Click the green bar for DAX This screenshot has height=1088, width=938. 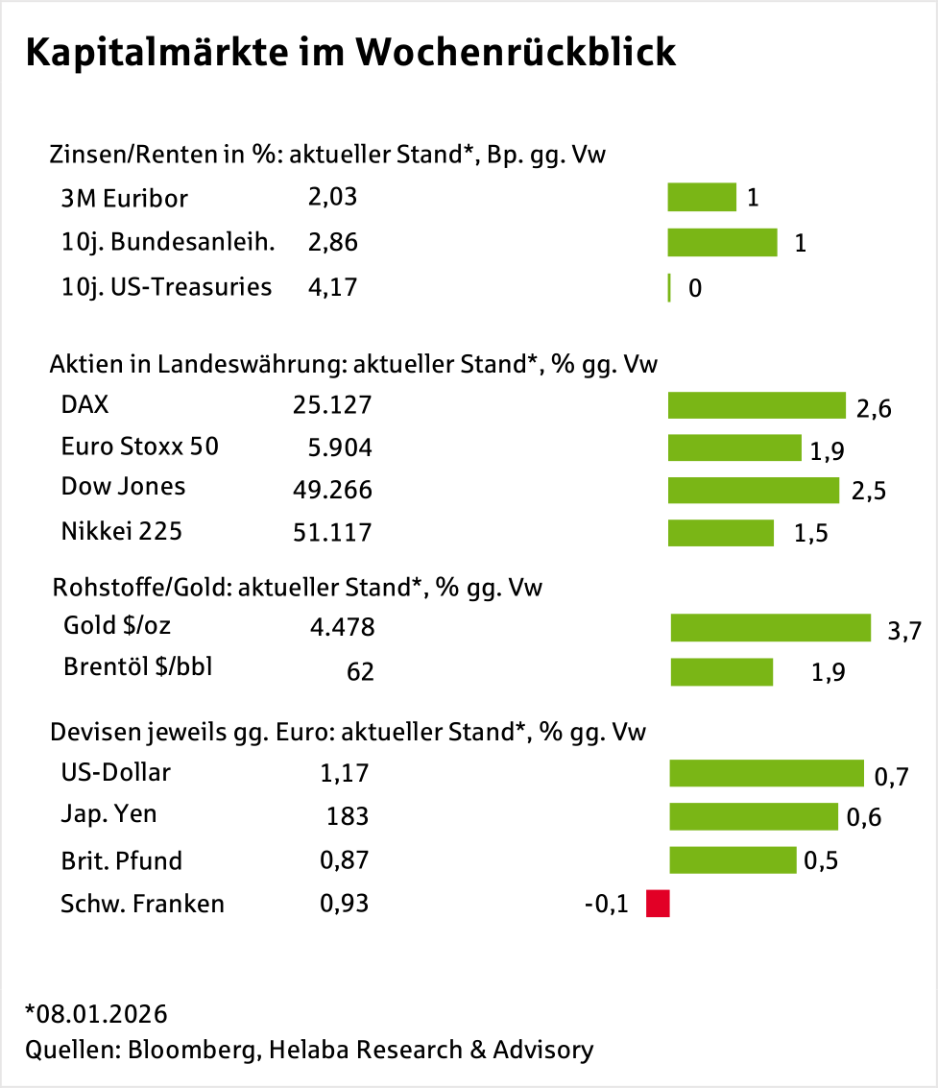[x=756, y=405]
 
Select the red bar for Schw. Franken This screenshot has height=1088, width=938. [x=658, y=904]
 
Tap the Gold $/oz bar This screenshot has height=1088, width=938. [x=770, y=628]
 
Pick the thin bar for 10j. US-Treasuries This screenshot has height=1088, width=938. [x=668, y=288]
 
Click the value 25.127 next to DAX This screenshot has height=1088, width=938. [x=331, y=405]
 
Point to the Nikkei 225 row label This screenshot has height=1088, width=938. [x=121, y=530]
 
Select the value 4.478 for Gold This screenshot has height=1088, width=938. [x=342, y=628]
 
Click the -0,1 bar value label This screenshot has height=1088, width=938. [x=606, y=905]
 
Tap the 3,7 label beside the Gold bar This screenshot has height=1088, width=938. [x=904, y=631]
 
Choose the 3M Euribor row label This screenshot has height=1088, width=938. [x=124, y=199]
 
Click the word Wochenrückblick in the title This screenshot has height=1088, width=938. [x=516, y=54]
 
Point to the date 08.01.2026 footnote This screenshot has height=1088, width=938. [x=100, y=1014]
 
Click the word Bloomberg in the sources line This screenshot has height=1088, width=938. [x=190, y=1050]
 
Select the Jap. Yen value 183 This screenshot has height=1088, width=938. [x=348, y=816]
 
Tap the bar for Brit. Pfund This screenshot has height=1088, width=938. [x=733, y=859]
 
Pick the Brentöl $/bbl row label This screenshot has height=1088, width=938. [x=137, y=666]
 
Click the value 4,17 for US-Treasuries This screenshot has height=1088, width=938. [x=332, y=286]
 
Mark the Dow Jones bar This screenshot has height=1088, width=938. [x=754, y=490]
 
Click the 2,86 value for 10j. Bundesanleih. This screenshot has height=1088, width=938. [x=332, y=242]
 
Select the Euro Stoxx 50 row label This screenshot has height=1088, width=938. [x=139, y=447]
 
